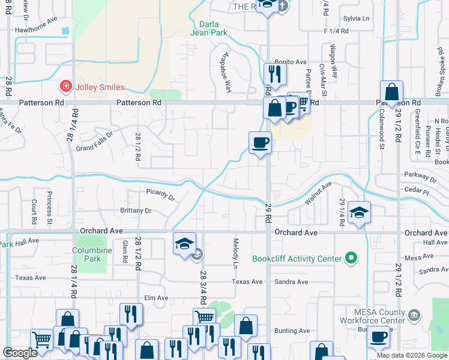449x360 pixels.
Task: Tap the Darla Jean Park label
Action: (213, 28)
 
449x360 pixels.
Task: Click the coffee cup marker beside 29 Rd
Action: (260, 143)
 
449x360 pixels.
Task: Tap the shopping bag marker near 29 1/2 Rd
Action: (391, 93)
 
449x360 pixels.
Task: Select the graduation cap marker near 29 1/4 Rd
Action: (359, 212)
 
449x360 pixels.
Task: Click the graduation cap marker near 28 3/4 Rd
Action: (184, 244)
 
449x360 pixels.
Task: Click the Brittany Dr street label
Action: (136, 211)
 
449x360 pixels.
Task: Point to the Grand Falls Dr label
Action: (94, 142)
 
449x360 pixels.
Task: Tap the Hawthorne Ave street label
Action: (36, 28)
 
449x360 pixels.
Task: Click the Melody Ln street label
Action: (235, 253)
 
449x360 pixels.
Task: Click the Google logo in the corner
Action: (20, 353)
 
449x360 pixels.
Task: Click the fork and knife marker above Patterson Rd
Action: (275, 74)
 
